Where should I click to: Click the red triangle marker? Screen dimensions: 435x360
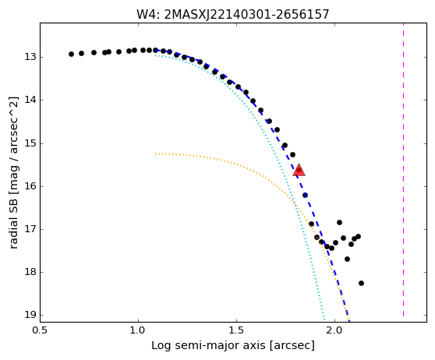pyautogui.click(x=299, y=171)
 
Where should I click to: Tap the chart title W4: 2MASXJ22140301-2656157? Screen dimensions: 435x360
pyautogui.click(x=233, y=14)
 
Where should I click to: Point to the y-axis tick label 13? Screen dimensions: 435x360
pyautogui.click(x=30, y=57)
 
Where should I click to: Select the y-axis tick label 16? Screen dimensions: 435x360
pyautogui.click(x=30, y=186)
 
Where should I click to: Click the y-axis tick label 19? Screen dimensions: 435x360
pyautogui.click(x=30, y=315)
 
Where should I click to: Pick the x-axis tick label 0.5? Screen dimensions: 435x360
pyautogui.click(x=41, y=331)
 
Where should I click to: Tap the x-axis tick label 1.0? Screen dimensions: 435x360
pyautogui.click(x=138, y=331)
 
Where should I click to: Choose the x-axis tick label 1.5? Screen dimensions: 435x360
pyautogui.click(x=236, y=331)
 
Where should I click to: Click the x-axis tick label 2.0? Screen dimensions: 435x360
pyautogui.click(x=335, y=331)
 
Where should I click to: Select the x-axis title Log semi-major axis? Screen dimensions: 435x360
pyautogui.click(x=208, y=346)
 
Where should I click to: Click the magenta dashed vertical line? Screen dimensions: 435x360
pyautogui.click(x=403, y=170)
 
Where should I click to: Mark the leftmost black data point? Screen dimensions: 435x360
pyautogui.click(x=71, y=54)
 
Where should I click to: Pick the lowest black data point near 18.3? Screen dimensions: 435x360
pyautogui.click(x=361, y=283)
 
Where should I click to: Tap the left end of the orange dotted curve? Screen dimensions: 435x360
pyautogui.click(x=156, y=154)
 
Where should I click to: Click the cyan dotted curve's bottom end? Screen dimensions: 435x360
pyautogui.click(x=324, y=321)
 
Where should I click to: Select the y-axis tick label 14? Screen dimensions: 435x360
pyautogui.click(x=30, y=100)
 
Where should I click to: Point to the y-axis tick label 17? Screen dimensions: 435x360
pyautogui.click(x=30, y=229)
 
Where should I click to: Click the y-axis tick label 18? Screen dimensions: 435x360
pyautogui.click(x=30, y=272)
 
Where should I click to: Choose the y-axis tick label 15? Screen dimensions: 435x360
pyautogui.click(x=30, y=143)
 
